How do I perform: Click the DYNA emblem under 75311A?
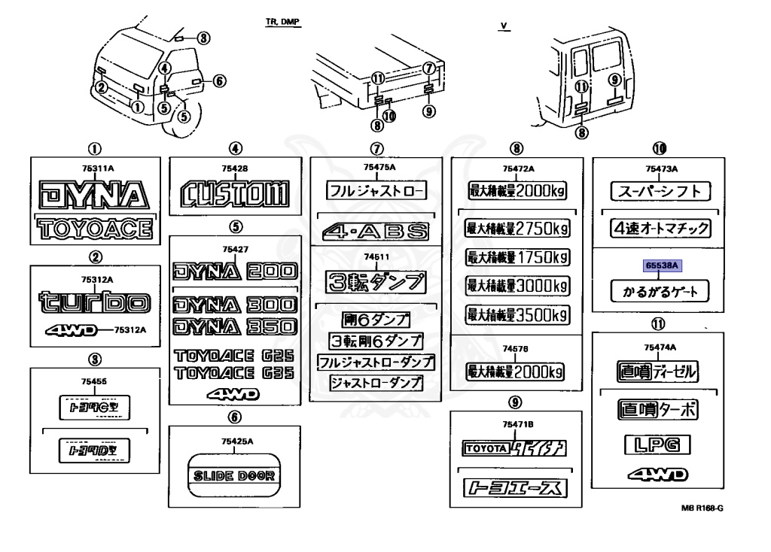[96, 197]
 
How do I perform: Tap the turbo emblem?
[96, 302]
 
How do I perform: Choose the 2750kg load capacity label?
[517, 228]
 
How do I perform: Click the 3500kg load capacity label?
[517, 315]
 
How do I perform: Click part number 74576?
[517, 349]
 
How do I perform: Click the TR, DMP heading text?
[283, 23]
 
